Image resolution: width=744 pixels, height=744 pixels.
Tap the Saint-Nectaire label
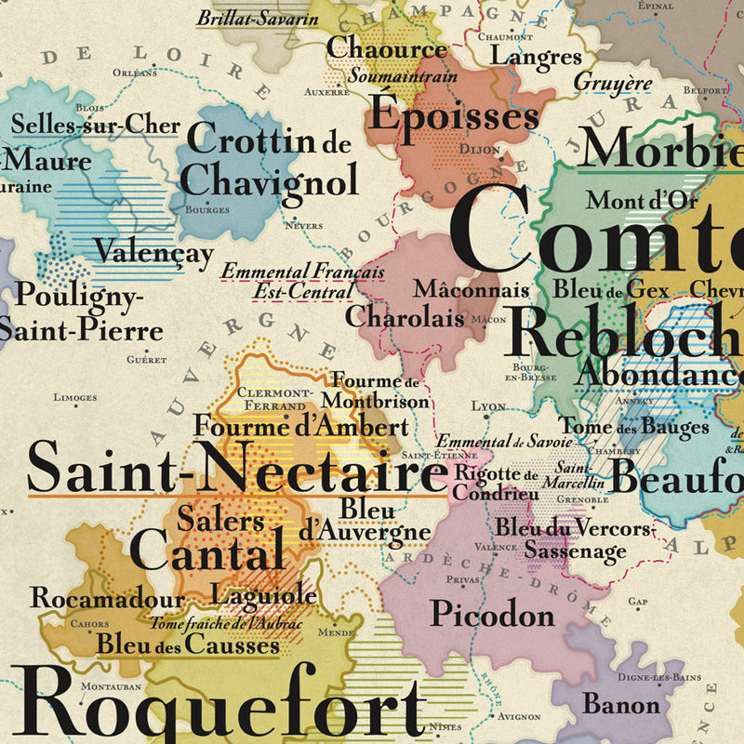coord(237,469)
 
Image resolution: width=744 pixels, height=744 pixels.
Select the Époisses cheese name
coord(455,115)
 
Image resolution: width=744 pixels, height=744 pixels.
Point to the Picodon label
coord(492,614)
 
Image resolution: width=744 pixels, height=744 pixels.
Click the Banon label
coord(621,703)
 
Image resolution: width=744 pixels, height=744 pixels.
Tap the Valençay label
coord(154,253)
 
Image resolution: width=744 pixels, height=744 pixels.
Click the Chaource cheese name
coord(387,48)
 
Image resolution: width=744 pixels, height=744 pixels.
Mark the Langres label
coord(535,58)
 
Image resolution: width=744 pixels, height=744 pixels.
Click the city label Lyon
coord(489,406)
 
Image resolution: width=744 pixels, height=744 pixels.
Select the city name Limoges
coord(75,398)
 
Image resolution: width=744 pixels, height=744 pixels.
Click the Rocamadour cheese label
coord(108,598)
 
